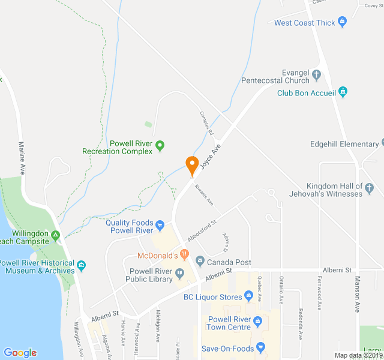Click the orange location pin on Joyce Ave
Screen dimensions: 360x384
click(192, 164)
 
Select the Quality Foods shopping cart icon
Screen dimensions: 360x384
click(160, 226)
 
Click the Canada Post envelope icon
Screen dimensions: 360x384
click(200, 262)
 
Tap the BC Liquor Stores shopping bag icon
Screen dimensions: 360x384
click(248, 296)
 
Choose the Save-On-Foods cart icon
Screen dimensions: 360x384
click(260, 347)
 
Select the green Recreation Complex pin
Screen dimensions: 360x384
click(160, 145)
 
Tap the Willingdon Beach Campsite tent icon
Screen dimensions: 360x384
click(55, 235)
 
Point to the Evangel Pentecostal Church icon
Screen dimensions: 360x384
click(317, 75)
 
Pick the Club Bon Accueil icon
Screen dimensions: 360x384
click(343, 92)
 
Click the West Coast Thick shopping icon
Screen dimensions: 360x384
click(343, 23)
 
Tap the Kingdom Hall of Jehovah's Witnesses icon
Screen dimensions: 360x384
click(370, 190)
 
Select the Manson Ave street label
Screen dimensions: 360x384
click(357, 293)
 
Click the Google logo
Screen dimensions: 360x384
click(20, 353)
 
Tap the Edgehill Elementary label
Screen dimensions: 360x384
click(344, 144)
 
